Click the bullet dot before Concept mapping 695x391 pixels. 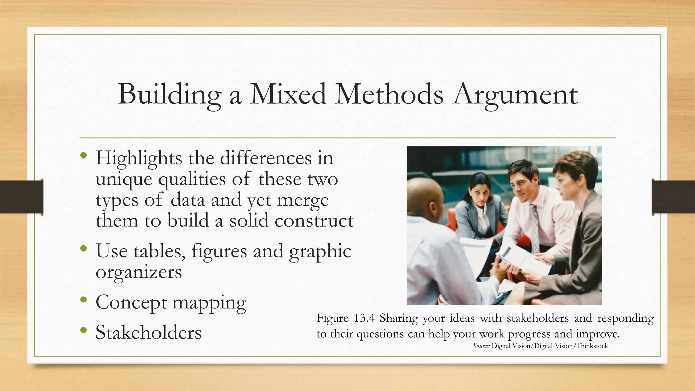(x=84, y=300)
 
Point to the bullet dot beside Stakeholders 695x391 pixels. (x=84, y=330)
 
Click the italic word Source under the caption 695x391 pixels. (x=481, y=346)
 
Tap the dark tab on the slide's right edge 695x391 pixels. (x=673, y=197)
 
